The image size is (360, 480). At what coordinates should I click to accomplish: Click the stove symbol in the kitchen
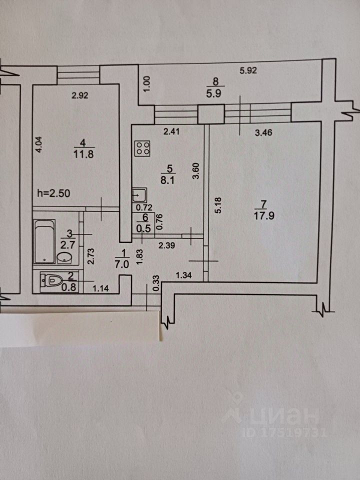pos(143,147)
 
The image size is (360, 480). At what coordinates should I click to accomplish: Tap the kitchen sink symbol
pos(138,194)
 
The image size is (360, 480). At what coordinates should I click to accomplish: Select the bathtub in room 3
pos(43,241)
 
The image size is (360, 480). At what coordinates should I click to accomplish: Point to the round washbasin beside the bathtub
pos(64,257)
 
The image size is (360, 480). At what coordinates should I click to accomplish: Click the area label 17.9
pos(264,217)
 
